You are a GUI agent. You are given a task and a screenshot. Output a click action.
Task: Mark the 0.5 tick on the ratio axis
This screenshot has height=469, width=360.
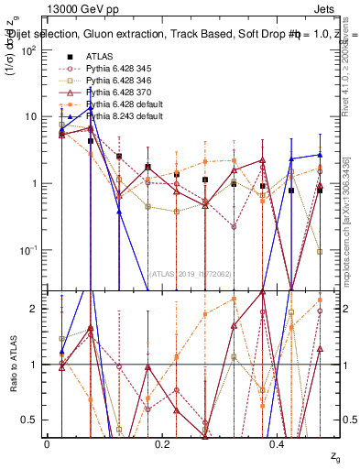34,420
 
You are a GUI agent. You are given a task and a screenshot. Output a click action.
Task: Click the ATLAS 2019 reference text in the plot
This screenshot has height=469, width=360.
190,273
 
